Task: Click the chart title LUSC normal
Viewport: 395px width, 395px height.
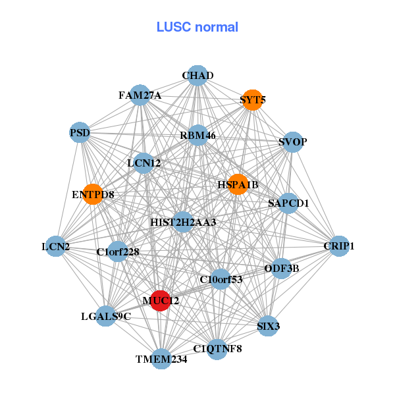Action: pyautogui.click(x=197, y=27)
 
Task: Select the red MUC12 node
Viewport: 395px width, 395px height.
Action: pyautogui.click(x=161, y=300)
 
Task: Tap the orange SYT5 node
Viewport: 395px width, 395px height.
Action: pyautogui.click(x=253, y=101)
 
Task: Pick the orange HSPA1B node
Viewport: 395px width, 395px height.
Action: pyautogui.click(x=238, y=185)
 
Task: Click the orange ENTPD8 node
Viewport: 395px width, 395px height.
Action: pyautogui.click(x=93, y=194)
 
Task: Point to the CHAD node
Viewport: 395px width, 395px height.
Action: pyautogui.click(x=197, y=75)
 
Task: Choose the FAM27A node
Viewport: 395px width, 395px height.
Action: pyautogui.click(x=140, y=95)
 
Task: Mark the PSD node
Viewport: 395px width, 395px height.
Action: pyautogui.click(x=80, y=133)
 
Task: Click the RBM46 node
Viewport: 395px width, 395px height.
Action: pyautogui.click(x=197, y=136)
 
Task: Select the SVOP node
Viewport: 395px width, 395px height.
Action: pyautogui.click(x=292, y=142)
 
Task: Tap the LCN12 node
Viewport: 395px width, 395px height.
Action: pyautogui.click(x=144, y=162)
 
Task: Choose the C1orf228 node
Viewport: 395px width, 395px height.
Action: pyautogui.click(x=118, y=251)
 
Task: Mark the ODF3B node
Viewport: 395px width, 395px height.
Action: pyautogui.click(x=282, y=268)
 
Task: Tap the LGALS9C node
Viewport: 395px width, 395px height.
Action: pyautogui.click(x=106, y=317)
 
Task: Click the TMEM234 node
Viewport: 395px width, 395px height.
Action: pyautogui.click(x=162, y=359)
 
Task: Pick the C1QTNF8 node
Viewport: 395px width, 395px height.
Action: pyautogui.click(x=217, y=348)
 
